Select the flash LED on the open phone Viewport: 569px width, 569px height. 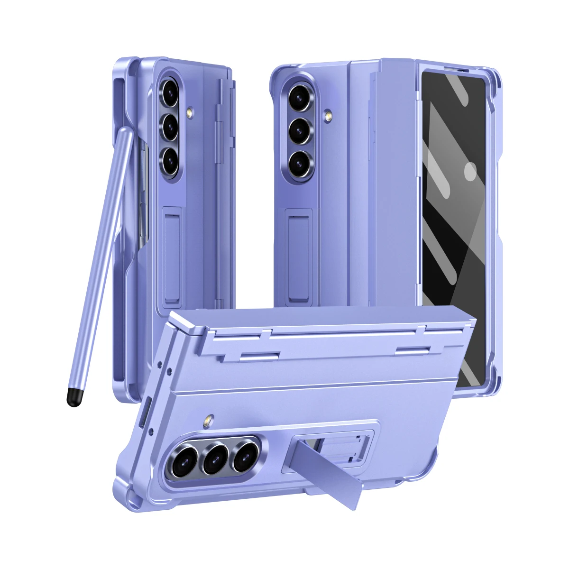(328, 115)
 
